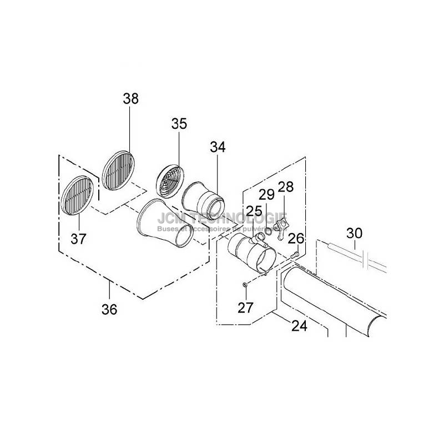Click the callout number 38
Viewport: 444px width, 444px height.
point(131,99)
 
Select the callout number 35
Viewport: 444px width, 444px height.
point(179,123)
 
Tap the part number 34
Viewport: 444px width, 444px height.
point(218,147)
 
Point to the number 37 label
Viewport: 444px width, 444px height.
point(79,239)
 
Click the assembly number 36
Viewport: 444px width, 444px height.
point(110,309)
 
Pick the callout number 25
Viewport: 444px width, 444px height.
point(254,210)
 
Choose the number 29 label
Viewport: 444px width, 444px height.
point(267,195)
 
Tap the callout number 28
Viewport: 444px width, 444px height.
point(286,187)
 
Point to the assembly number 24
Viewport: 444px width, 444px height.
point(299,326)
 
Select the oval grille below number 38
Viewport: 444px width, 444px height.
point(119,169)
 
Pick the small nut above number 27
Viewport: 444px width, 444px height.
point(244,285)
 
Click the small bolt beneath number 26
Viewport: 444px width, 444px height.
point(295,254)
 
